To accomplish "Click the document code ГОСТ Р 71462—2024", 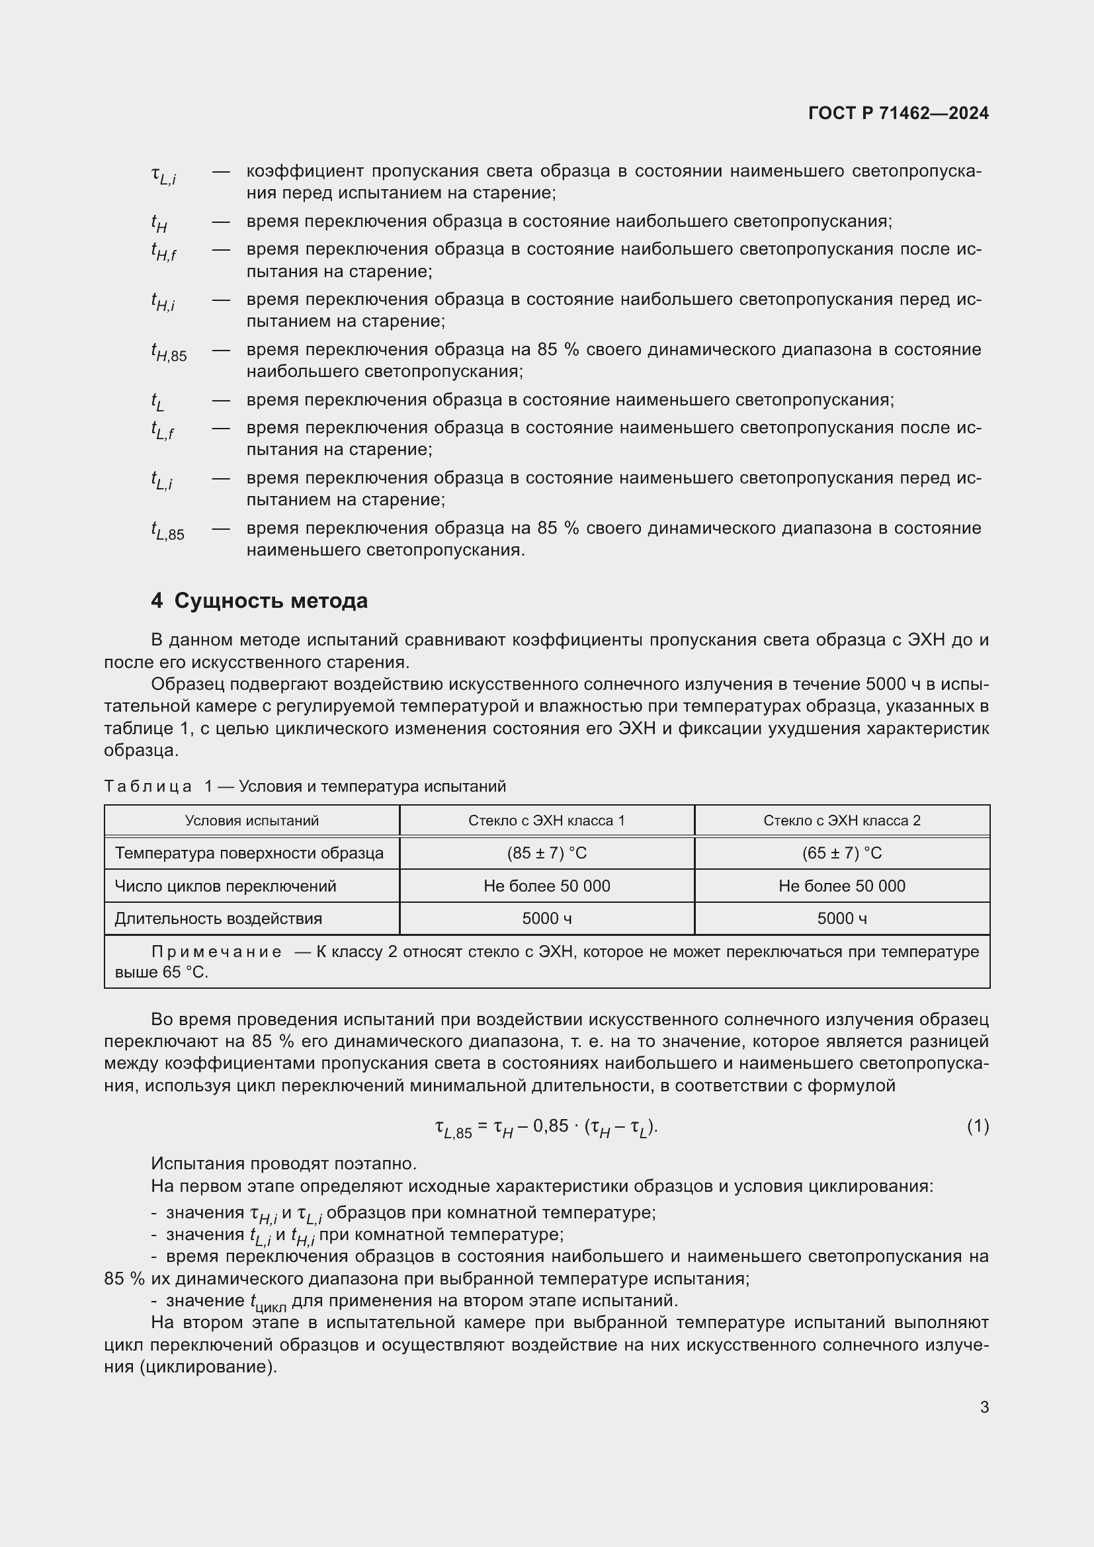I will coord(898,113).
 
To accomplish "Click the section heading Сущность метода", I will coord(270,601).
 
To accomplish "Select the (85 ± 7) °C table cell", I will coord(546,853).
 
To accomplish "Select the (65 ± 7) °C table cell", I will coord(841,853).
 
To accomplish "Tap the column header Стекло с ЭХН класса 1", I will coord(546,821).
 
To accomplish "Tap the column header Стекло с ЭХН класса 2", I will coord(841,821).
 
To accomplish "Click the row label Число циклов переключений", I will coord(225,886).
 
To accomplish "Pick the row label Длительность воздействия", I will coord(218,919).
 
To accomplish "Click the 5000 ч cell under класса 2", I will coord(841,919).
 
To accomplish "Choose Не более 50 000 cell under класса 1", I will coord(546,886).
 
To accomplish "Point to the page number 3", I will coord(984,1407).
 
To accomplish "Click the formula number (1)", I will coord(978,1126).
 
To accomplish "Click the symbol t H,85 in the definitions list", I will coord(169,353).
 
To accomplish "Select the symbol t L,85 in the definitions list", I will coord(167,532).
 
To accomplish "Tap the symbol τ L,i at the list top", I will coord(163,175).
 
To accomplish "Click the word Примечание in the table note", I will coord(216,952).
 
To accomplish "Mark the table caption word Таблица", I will coord(147,786).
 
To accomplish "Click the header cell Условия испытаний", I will coord(251,821).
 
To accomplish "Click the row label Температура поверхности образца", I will coord(249,853).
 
